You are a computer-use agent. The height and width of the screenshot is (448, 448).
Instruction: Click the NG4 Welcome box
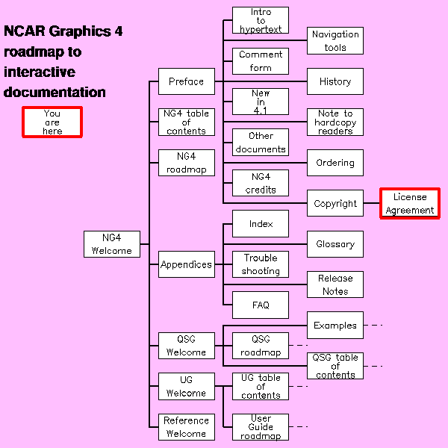[112, 244]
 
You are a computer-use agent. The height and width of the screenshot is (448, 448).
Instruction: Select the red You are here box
[52, 122]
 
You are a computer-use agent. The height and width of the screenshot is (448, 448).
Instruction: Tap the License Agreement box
[409, 204]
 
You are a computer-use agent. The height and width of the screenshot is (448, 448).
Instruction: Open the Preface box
[186, 81]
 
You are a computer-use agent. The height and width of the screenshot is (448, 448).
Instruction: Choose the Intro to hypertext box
[261, 20]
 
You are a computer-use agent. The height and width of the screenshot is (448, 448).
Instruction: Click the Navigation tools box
[335, 41]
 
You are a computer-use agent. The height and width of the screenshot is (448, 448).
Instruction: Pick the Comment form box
[261, 61]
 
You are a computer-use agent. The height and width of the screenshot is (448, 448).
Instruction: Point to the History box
[335, 81]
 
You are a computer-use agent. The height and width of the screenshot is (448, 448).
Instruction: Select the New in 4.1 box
[261, 102]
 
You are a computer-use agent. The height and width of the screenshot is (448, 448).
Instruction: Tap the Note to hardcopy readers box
[335, 122]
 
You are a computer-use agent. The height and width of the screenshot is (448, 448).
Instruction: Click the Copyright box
[335, 204]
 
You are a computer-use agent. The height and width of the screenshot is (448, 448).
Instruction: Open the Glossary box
[335, 244]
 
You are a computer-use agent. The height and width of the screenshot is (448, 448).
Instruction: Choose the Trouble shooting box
[261, 264]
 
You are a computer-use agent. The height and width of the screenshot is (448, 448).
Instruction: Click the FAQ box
[261, 305]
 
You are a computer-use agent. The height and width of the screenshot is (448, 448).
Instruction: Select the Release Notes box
[335, 284]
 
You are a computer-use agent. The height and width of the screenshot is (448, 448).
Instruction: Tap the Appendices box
[186, 264]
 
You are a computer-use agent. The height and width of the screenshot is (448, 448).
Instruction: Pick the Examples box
[335, 326]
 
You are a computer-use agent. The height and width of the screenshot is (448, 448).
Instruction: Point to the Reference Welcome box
[186, 427]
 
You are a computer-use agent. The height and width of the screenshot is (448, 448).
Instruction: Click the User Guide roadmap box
[261, 427]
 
